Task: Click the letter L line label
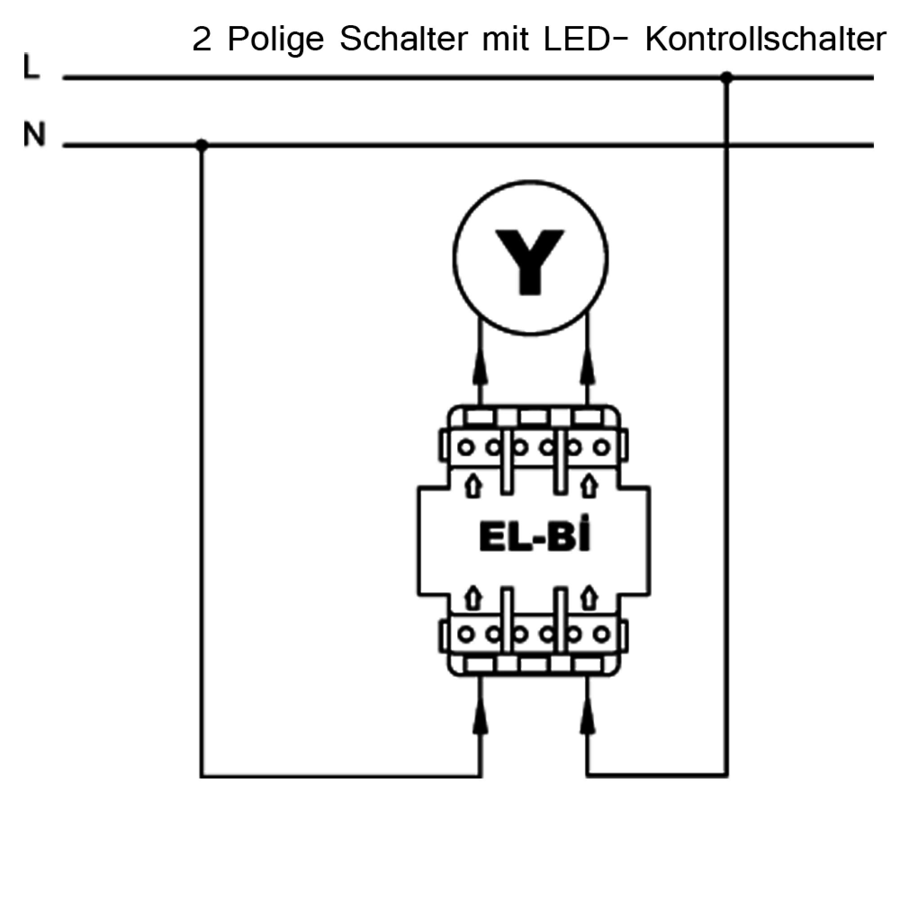pos(31,68)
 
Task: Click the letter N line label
pos(35,135)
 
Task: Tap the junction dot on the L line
pos(726,77)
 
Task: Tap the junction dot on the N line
pos(201,145)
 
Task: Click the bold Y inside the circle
pos(530,262)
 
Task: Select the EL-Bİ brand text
pos(534,539)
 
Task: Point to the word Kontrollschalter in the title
pos(765,40)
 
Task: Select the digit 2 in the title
pos(201,40)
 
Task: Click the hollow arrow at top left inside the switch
pos(473,486)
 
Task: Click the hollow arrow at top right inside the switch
pos(589,486)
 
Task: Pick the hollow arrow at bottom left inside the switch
pos(473,598)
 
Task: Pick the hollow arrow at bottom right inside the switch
pos(589,598)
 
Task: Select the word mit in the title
pos(505,40)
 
